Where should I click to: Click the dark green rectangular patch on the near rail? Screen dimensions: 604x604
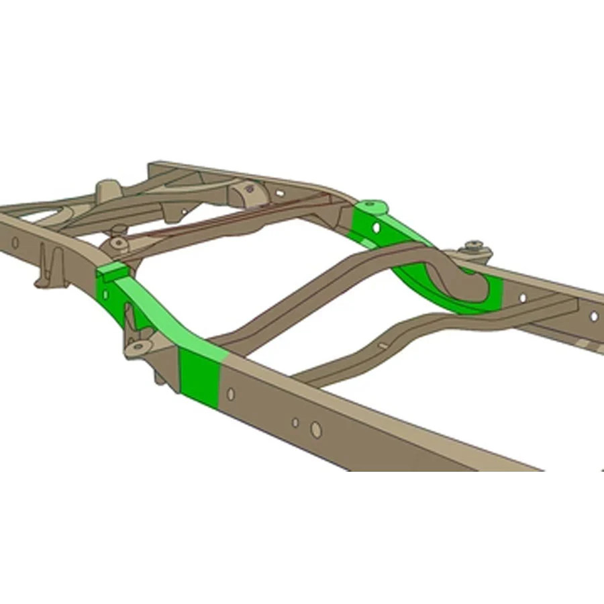[199, 378]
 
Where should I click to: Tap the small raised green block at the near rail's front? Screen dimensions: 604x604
[112, 270]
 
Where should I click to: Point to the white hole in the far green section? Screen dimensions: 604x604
[377, 228]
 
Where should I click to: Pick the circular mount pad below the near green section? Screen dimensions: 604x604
[139, 346]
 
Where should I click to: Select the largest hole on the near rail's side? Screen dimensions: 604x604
[316, 430]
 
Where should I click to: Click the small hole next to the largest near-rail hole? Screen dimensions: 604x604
[295, 422]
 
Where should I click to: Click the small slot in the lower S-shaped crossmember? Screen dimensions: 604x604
[383, 346]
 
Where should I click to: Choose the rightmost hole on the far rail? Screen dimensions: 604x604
[593, 315]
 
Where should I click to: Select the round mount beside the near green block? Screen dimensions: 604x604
[119, 242]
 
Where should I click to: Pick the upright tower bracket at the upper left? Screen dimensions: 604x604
[107, 191]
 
